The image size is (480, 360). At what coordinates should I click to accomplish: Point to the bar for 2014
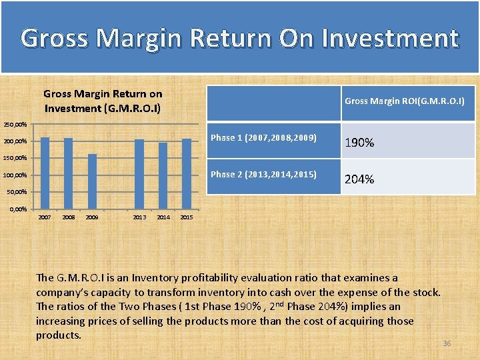pyautogui.click(x=163, y=176)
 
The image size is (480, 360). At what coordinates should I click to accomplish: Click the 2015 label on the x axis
pyautogui.click(x=187, y=217)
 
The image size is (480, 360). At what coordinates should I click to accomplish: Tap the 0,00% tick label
pyautogui.click(x=16, y=209)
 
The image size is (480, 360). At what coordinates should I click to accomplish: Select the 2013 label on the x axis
pyautogui.click(x=139, y=217)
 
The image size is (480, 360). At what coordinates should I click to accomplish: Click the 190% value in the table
pyautogui.click(x=359, y=143)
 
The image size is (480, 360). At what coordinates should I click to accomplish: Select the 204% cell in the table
pyautogui.click(x=359, y=179)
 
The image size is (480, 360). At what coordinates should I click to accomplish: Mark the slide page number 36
pyautogui.click(x=447, y=343)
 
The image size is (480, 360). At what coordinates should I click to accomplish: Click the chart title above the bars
pyautogui.click(x=103, y=101)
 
